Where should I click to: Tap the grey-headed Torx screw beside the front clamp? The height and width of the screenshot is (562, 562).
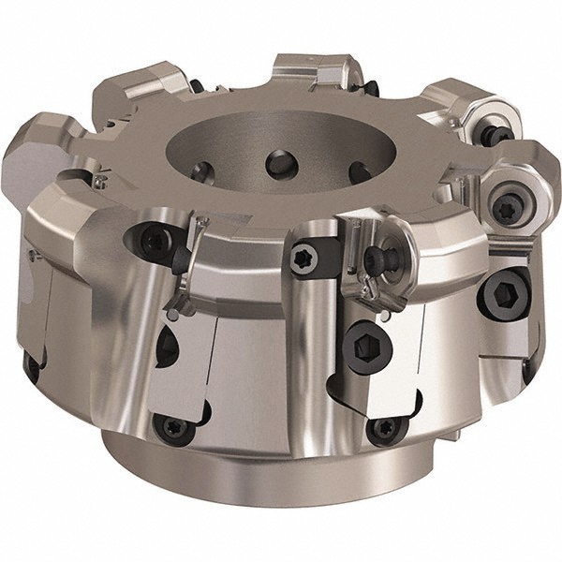303,259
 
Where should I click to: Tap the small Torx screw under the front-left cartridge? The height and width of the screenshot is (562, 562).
175,426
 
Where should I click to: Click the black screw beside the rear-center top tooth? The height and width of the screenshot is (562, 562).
372,88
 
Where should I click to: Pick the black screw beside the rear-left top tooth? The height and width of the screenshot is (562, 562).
195,86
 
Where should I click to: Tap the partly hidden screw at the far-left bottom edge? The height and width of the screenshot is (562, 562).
32,365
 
